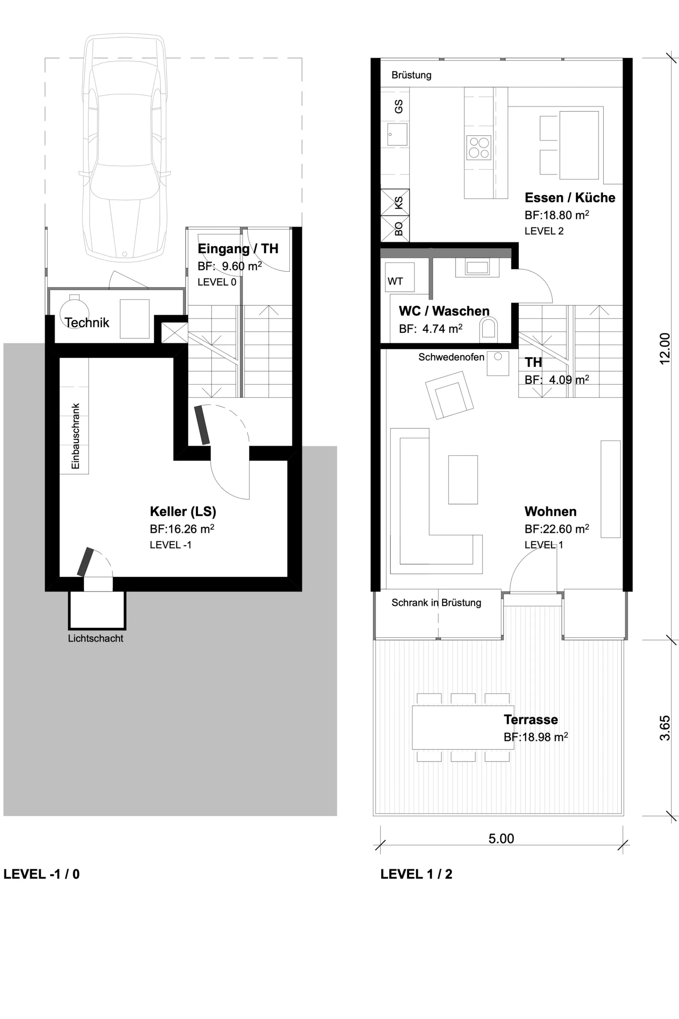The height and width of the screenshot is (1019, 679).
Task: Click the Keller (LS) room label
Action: pos(183,511)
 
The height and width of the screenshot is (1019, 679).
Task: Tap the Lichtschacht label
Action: pos(96,638)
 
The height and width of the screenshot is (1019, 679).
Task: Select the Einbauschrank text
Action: pos(75,436)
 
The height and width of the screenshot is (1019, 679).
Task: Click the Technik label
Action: pos(87,322)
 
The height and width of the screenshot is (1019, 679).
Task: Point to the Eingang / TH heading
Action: pos(238,249)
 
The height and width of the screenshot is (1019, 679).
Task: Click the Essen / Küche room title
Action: pos(570,197)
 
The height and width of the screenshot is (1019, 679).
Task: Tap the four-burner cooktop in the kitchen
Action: pos(479,147)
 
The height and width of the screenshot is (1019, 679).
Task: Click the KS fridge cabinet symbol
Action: pos(395,202)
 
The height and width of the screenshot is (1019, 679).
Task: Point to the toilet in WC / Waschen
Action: pos(488,328)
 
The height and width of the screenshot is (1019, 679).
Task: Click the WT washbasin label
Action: pos(395,281)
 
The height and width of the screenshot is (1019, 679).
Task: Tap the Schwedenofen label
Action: pos(451,357)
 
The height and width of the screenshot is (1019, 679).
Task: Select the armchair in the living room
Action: pos(449,395)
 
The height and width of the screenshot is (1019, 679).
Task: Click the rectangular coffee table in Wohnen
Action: pos(463,480)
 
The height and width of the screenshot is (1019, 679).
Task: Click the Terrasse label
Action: pos(530,719)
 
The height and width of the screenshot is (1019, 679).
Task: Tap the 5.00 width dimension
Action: pos(501,838)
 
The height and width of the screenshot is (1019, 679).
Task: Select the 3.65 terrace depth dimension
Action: pos(665,728)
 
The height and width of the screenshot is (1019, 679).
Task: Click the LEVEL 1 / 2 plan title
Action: pos(416,874)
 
